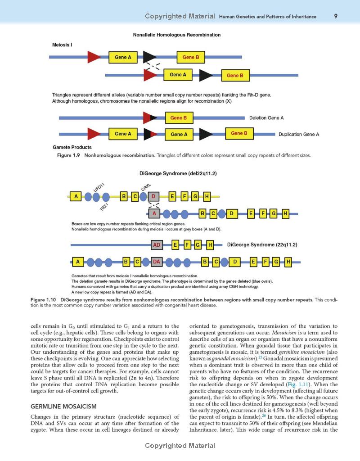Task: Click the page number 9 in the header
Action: (x=336, y=16)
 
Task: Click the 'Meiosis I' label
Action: (x=62, y=45)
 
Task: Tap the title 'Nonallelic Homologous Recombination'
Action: (x=176, y=35)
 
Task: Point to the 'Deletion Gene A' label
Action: (x=266, y=118)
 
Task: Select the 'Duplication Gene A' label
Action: (x=299, y=134)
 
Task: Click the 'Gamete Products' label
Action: (x=72, y=147)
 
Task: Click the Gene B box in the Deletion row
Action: (x=179, y=118)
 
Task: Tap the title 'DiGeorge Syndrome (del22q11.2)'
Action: (x=177, y=173)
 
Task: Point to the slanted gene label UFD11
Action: (x=99, y=187)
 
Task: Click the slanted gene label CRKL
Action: (x=146, y=187)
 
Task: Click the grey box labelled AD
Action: (x=157, y=245)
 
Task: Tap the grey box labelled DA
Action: (x=157, y=262)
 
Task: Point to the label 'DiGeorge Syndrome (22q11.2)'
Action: (x=262, y=245)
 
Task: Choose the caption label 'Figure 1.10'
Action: (x=44, y=299)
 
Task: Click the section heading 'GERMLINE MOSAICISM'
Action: (x=63, y=407)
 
